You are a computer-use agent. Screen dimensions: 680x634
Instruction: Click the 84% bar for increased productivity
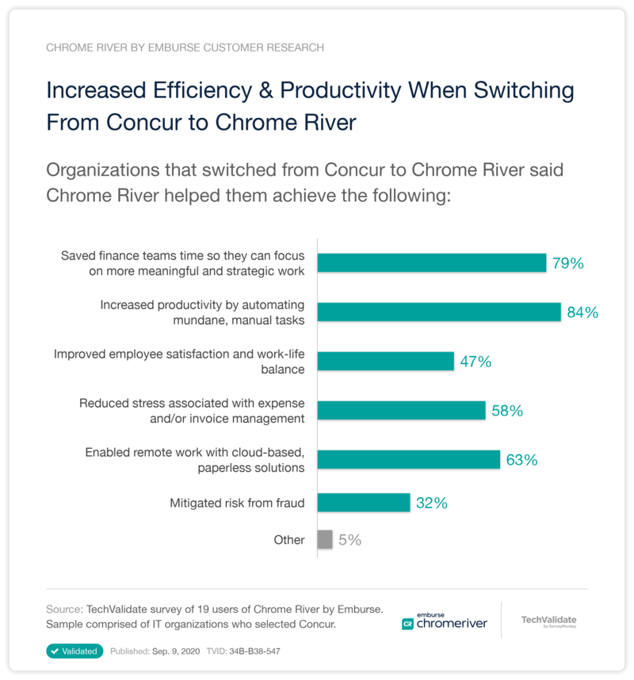click(439, 312)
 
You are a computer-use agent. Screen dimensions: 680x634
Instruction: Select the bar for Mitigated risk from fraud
click(364, 503)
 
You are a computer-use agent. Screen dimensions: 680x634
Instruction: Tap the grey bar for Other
click(325, 540)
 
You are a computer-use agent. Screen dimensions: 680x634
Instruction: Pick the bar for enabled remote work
click(409, 460)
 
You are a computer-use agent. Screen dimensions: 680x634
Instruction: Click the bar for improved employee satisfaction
click(385, 362)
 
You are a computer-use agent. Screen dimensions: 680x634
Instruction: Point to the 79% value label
click(567, 264)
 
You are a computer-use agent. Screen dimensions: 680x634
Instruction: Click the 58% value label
click(506, 411)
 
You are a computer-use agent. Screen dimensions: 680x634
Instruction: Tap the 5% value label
click(349, 540)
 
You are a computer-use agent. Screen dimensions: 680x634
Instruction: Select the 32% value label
click(431, 503)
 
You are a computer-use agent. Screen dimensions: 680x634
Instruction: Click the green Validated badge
click(75, 651)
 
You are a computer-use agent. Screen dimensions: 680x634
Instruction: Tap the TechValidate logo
click(548, 621)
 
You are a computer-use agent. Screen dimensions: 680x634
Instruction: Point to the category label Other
click(289, 540)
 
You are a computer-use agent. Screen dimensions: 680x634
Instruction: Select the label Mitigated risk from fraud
click(237, 503)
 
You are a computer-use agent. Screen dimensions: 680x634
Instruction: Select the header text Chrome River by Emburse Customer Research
click(185, 47)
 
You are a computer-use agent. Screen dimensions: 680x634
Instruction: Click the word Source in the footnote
click(63, 610)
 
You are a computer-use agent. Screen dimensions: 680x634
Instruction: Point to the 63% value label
click(521, 460)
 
